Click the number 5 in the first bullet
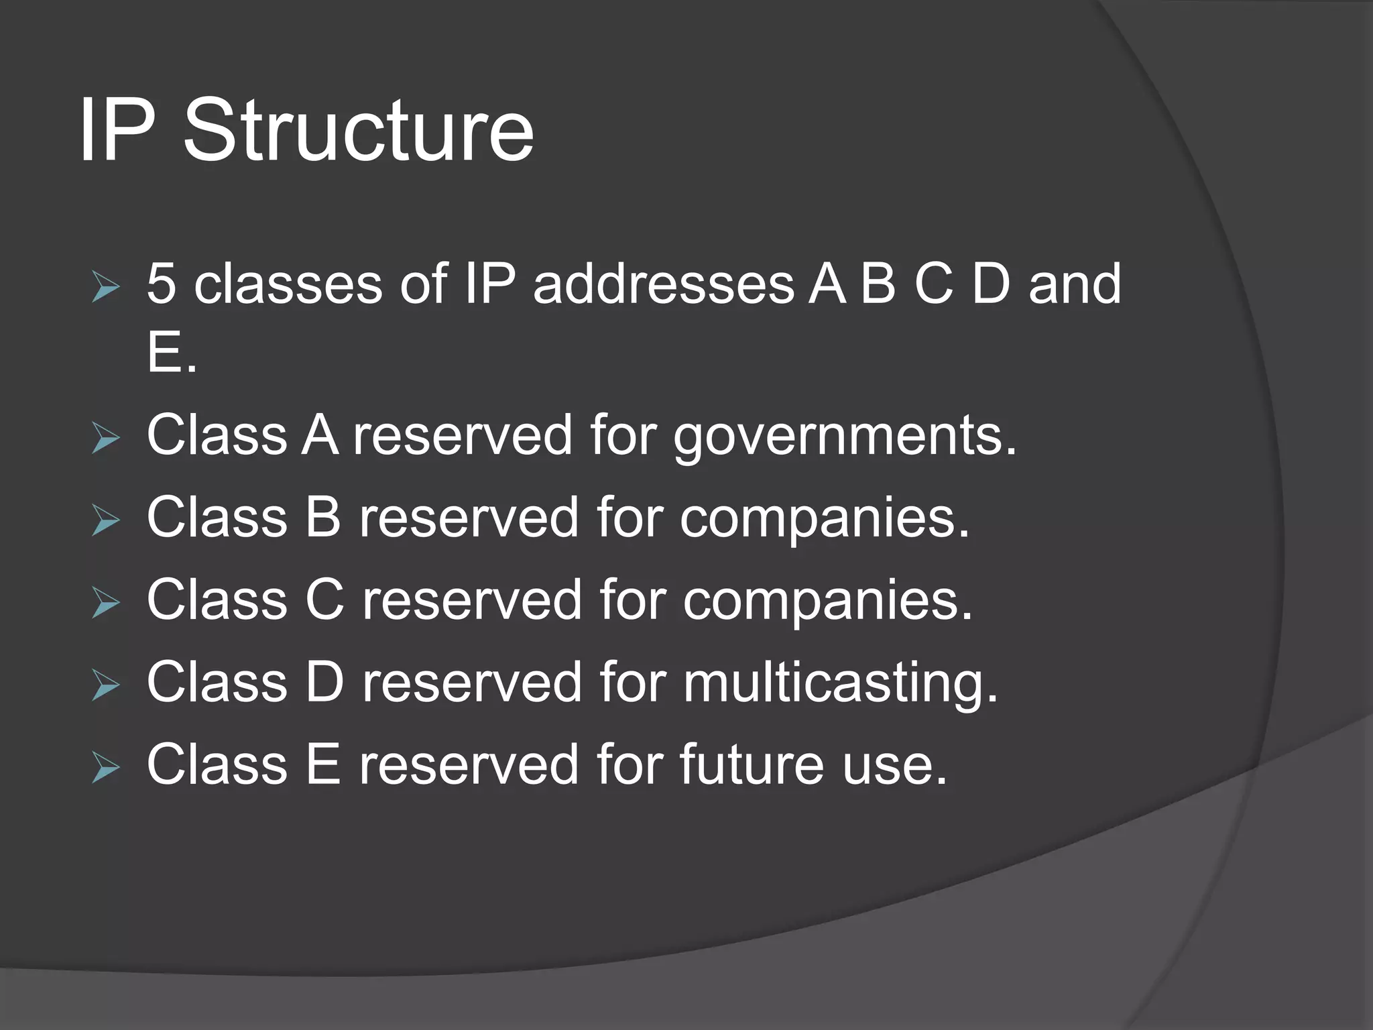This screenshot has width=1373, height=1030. pyautogui.click(x=161, y=284)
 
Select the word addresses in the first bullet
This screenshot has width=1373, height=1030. pyautogui.click(x=663, y=284)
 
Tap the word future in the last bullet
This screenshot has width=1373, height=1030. pyautogui.click(x=751, y=764)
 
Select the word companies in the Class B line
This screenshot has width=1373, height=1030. pyautogui.click(x=825, y=519)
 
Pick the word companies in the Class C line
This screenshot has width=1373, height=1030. pyautogui.click(x=827, y=601)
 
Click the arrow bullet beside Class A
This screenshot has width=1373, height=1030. pyautogui.click(x=105, y=439)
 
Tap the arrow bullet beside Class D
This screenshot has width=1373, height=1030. pyautogui.click(x=105, y=685)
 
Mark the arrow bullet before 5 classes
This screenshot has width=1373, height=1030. pyautogui.click(x=105, y=288)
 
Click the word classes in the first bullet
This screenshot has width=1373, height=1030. pyautogui.click(x=288, y=284)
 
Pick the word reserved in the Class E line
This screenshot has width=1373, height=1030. pyautogui.click(x=469, y=764)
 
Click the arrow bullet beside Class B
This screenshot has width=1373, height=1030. pyautogui.click(x=105, y=521)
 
